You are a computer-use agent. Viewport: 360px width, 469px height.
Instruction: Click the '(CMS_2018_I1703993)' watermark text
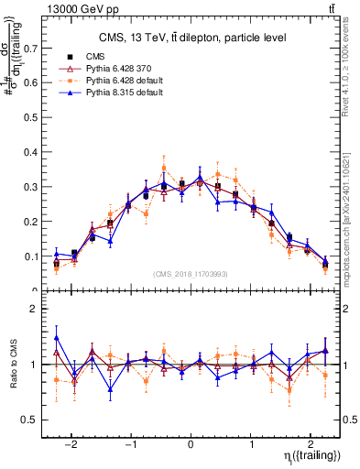[x=191, y=273]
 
